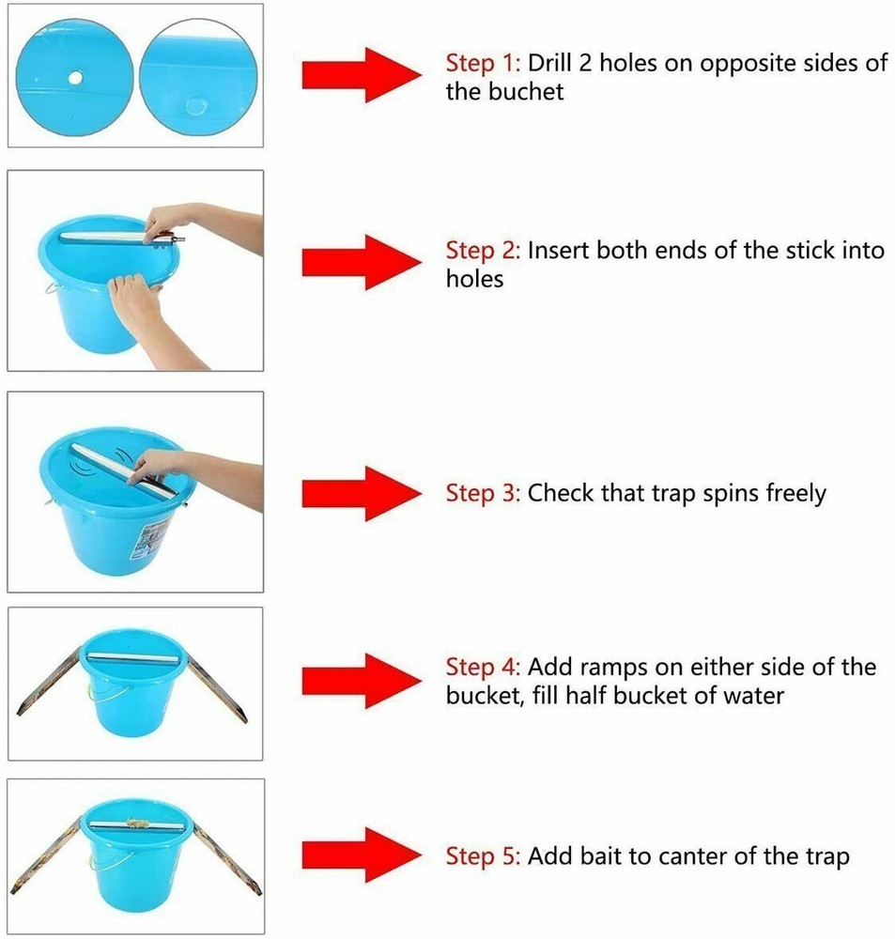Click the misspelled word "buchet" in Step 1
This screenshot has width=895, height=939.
(x=525, y=92)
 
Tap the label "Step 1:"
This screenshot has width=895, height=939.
(x=483, y=64)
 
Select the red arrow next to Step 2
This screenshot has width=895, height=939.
(x=362, y=262)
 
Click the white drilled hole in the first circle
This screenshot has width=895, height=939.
(x=75, y=78)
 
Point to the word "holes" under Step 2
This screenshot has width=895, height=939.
(x=474, y=279)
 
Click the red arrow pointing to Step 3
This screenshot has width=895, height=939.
(x=362, y=494)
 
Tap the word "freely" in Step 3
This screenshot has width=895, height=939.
(x=796, y=494)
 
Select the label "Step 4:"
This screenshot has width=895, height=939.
(x=483, y=667)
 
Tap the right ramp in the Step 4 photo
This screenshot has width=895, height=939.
(x=216, y=688)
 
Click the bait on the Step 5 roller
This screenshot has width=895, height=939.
(x=137, y=823)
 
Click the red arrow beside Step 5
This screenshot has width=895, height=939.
(x=362, y=855)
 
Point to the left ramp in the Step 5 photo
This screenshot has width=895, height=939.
(x=46, y=854)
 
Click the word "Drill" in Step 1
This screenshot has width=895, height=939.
(x=549, y=63)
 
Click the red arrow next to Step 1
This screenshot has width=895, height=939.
(x=362, y=75)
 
